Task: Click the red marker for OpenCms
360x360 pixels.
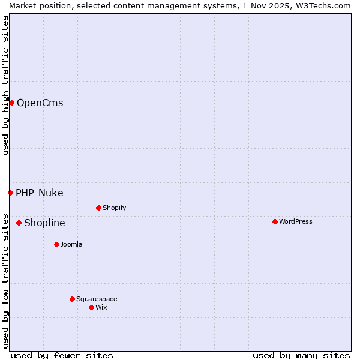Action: (11, 103)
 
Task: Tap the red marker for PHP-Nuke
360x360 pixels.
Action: (10, 193)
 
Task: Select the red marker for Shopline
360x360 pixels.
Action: (19, 223)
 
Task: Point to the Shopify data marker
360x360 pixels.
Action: (98, 208)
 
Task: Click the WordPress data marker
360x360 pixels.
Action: (275, 221)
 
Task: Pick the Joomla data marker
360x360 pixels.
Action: (56, 244)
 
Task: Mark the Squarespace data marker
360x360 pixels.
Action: (72, 299)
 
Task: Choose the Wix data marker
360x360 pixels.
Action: (91, 307)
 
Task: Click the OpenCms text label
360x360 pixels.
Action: (40, 103)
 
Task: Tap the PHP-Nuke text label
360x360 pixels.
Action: (40, 193)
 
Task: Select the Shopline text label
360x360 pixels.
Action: (44, 223)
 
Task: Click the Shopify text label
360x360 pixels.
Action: (114, 208)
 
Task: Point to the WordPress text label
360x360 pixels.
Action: (296, 221)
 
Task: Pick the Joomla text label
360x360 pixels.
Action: (71, 244)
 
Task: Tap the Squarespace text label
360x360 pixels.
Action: (97, 299)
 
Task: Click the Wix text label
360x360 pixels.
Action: (101, 307)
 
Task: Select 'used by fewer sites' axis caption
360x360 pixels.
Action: (62, 355)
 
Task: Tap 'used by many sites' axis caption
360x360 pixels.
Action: (301, 355)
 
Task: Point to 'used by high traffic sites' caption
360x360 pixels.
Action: (5, 85)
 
